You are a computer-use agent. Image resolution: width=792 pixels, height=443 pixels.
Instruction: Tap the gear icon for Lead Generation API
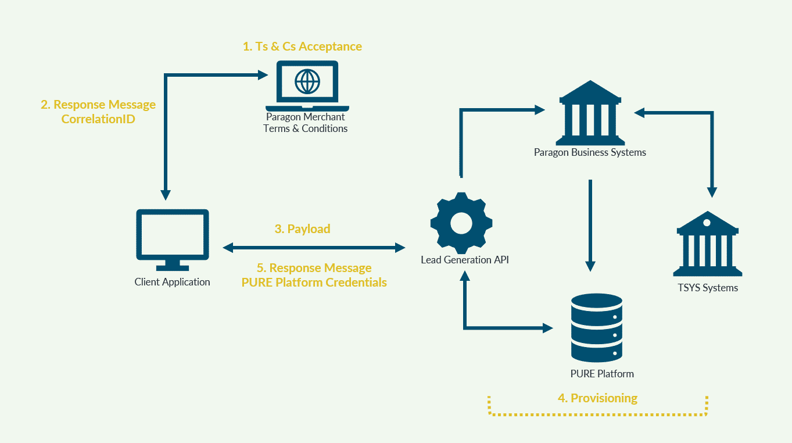(x=461, y=222)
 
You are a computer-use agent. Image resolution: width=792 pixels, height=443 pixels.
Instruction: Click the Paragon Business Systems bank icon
(x=590, y=114)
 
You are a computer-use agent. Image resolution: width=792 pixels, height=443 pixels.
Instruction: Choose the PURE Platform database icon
(x=597, y=328)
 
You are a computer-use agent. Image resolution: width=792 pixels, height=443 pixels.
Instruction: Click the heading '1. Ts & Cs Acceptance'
(x=302, y=47)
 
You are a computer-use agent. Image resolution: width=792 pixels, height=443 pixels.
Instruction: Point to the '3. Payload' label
(x=302, y=229)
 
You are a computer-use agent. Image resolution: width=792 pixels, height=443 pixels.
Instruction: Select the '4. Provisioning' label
(x=597, y=398)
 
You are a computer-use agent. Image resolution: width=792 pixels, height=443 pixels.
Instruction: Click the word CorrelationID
(x=98, y=120)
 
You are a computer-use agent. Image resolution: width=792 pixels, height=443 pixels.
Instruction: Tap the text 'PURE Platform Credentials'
(x=314, y=283)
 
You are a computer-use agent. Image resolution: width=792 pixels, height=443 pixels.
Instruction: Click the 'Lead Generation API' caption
(x=464, y=260)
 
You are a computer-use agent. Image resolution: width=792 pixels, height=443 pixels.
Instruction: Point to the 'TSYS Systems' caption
(x=708, y=288)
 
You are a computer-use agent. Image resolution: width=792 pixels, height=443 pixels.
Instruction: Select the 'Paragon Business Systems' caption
(x=590, y=152)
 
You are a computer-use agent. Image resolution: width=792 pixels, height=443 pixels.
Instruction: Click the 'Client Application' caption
(x=172, y=282)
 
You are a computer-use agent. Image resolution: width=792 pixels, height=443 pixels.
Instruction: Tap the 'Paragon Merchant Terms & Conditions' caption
(x=306, y=123)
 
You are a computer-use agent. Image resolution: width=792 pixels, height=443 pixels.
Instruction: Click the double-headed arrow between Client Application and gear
(x=314, y=248)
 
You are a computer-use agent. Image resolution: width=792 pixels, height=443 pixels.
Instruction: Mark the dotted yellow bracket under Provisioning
(x=598, y=414)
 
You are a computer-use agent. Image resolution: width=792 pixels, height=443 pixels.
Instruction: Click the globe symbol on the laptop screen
(x=307, y=81)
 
